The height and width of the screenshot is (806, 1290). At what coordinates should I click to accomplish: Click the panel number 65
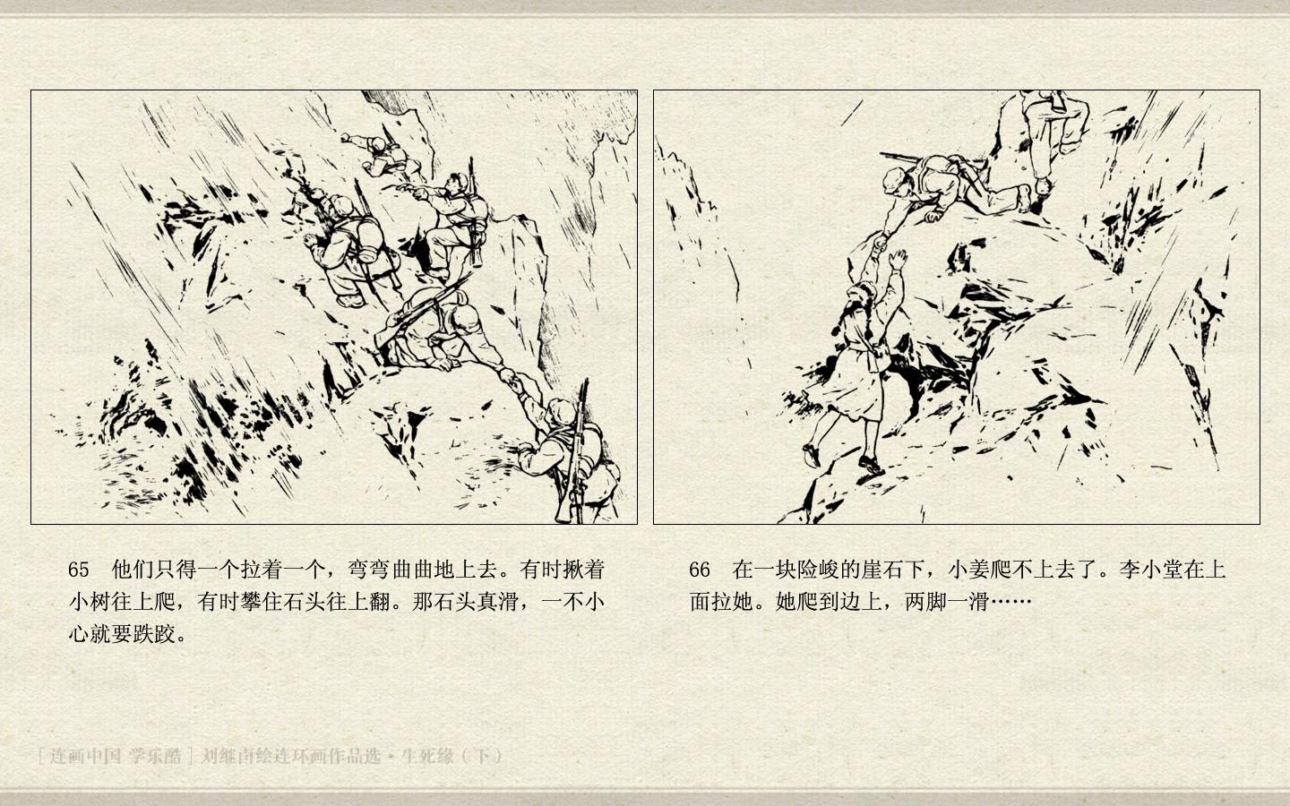tap(78, 570)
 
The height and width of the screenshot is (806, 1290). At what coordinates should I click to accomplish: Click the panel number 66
tap(699, 570)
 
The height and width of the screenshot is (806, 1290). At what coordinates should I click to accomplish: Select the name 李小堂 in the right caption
tap(1151, 570)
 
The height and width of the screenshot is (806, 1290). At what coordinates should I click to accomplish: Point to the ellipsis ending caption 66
tap(1010, 602)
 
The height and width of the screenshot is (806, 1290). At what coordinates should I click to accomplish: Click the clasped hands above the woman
tap(880, 242)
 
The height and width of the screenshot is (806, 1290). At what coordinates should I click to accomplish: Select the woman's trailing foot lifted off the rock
tap(812, 455)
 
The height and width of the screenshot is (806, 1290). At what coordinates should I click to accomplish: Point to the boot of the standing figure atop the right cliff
tap(1043, 186)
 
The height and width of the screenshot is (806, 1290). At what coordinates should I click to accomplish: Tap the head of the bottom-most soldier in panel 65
tap(561, 411)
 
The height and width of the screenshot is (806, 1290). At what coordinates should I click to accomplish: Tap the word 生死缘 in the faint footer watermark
tap(428, 755)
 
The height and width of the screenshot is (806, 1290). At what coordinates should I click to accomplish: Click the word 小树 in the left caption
tap(90, 602)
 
